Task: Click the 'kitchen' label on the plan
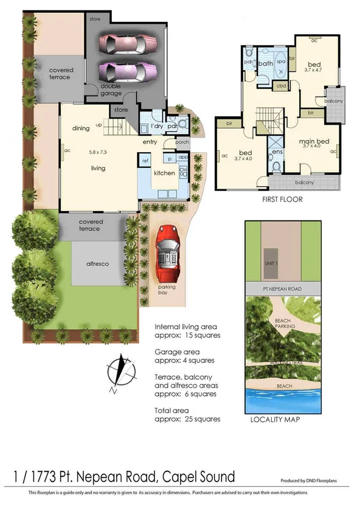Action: tap(164, 173)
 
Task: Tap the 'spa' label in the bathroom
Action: tap(281, 62)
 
